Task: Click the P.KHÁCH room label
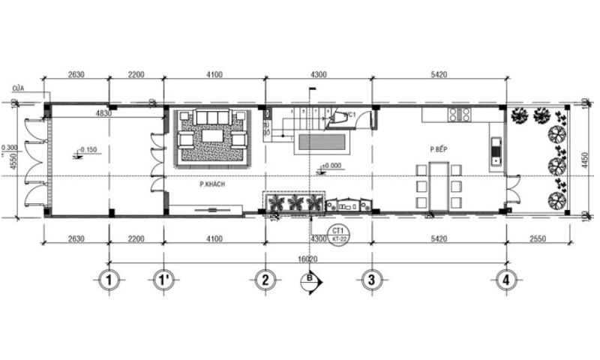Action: click(213, 183)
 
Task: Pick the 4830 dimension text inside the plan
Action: click(103, 114)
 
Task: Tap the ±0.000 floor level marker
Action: click(331, 166)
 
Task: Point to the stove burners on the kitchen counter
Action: click(460, 115)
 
